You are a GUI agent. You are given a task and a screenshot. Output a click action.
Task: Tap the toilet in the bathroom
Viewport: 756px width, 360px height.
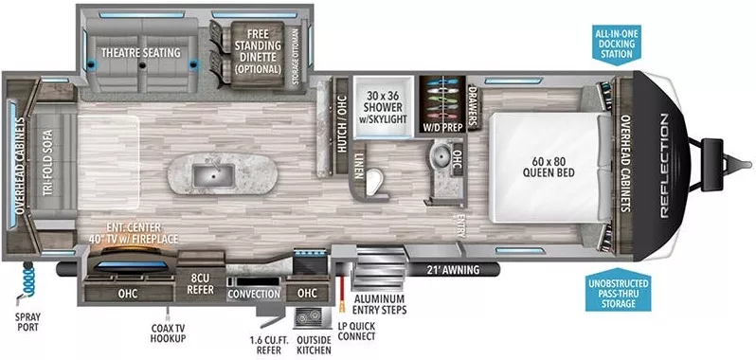tap(378, 180)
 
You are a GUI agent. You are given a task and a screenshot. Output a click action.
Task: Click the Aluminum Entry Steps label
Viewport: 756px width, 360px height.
tap(380, 303)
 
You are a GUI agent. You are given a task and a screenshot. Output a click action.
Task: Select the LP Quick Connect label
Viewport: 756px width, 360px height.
tap(356, 336)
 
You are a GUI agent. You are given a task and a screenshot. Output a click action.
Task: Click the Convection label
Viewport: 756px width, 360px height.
tap(254, 294)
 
